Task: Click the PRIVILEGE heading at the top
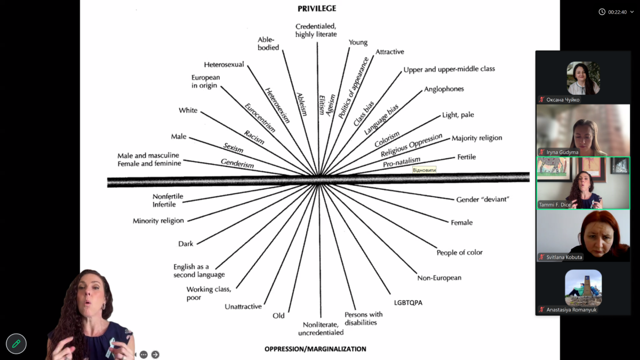coord(317,9)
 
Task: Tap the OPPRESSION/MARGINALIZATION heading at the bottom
coord(315,349)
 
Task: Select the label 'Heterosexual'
coord(224,65)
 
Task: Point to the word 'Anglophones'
coord(444,89)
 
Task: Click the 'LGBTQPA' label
coord(408,302)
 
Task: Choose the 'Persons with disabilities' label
coord(363,318)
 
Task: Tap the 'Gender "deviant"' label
coord(483,199)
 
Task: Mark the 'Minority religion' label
coord(158,221)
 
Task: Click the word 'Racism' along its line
coord(254,137)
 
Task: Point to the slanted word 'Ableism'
coord(302,104)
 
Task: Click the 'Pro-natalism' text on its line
coord(402,162)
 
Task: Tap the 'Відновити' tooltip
coord(425,170)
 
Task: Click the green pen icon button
coord(16,344)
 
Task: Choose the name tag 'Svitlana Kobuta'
coord(564,257)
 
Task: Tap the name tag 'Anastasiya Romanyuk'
coord(571,309)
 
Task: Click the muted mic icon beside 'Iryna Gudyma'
coord(542,152)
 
